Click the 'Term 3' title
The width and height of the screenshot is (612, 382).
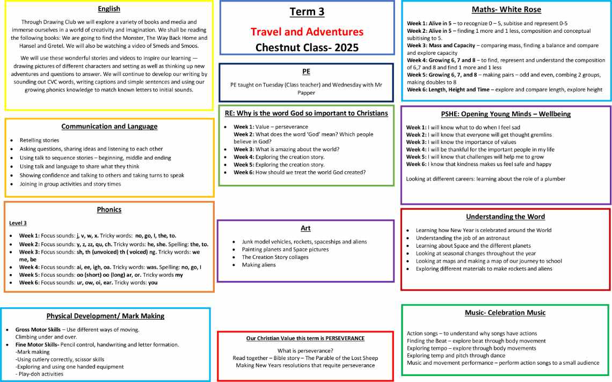(x=307, y=12)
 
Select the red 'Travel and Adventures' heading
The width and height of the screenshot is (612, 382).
(x=307, y=32)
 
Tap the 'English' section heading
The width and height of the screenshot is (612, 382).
(x=109, y=9)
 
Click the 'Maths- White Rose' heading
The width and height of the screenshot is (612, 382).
(x=506, y=10)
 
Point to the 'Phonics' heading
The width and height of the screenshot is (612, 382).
(x=109, y=210)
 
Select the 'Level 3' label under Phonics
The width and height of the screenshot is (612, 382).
(x=18, y=223)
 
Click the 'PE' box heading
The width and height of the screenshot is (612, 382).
(x=306, y=71)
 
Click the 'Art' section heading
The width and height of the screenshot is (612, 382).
(x=306, y=228)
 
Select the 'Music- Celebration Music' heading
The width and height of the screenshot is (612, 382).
(x=505, y=313)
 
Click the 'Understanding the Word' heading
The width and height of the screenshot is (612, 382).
(x=505, y=217)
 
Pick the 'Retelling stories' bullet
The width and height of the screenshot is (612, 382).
(x=39, y=140)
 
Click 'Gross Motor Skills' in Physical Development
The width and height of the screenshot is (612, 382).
(x=38, y=329)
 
